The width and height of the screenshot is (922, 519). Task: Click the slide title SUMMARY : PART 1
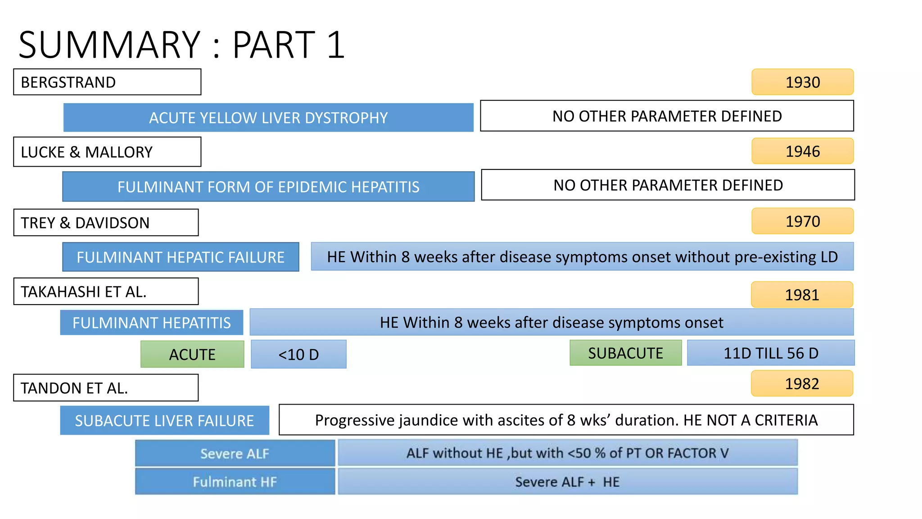click(181, 45)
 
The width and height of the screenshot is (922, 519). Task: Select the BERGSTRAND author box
click(107, 82)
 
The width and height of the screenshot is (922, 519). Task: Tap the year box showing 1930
click(802, 82)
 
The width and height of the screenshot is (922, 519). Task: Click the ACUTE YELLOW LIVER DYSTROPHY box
click(268, 118)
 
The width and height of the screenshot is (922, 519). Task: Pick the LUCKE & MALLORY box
click(107, 152)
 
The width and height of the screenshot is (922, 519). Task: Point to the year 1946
click(802, 151)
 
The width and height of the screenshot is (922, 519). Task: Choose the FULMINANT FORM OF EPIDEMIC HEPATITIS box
click(268, 187)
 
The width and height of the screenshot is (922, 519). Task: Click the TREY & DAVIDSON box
click(106, 223)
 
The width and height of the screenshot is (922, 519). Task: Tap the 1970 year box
click(802, 221)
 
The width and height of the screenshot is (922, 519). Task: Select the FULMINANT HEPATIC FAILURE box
click(181, 257)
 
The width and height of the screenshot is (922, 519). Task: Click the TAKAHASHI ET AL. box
click(106, 291)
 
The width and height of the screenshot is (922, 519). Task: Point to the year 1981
click(802, 295)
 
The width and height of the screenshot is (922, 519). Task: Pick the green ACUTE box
click(192, 354)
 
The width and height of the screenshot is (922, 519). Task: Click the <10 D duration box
click(298, 354)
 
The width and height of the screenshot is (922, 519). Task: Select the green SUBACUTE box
click(625, 353)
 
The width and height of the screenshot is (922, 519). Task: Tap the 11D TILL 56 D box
click(771, 353)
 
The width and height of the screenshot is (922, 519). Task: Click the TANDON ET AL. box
click(106, 388)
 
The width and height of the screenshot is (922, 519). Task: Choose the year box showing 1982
click(802, 383)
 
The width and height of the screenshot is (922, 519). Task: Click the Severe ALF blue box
click(235, 453)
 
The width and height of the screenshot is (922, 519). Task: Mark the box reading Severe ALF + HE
click(567, 482)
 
